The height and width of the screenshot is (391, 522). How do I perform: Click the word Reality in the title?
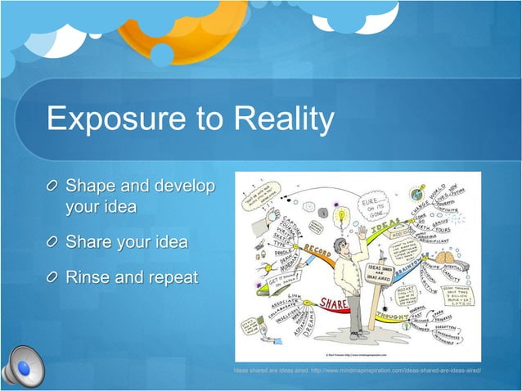tap(283, 119)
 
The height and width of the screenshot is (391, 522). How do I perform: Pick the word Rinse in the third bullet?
tap(88, 277)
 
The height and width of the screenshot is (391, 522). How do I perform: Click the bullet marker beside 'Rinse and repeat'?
tap(53, 278)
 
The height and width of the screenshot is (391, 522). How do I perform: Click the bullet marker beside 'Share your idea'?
tap(53, 243)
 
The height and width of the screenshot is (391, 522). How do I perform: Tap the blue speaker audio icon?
tap(22, 367)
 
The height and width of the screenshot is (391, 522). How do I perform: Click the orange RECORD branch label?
tap(317, 248)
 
